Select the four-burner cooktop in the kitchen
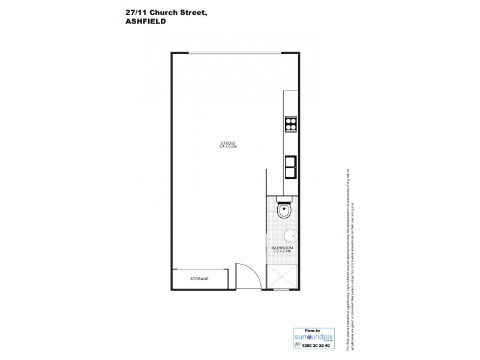pyautogui.click(x=291, y=123)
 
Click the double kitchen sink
pyautogui.click(x=291, y=166)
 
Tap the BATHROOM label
pyautogui.click(x=282, y=248)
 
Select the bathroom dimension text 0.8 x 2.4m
pyautogui.click(x=282, y=252)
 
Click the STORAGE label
pyautogui.click(x=199, y=280)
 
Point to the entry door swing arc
pyautogui.click(x=250, y=273)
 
